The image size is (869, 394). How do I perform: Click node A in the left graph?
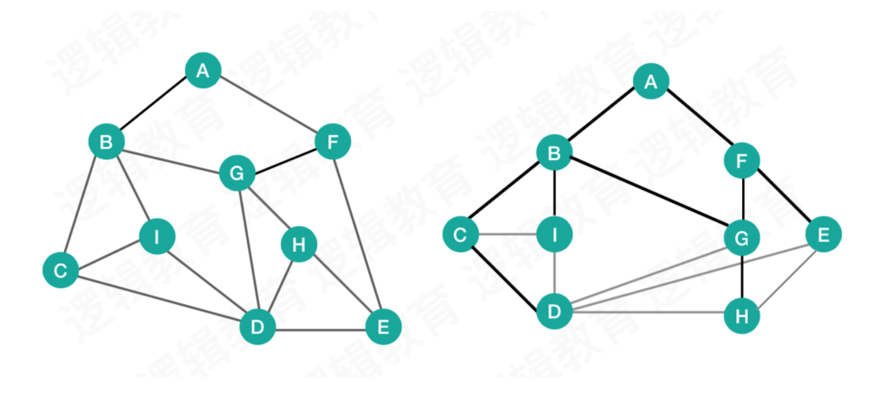coord(203,71)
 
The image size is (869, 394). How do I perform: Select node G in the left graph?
coord(237,173)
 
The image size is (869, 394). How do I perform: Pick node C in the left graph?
coord(60,270)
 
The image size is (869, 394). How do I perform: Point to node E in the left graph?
coord(383,327)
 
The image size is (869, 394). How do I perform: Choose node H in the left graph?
coord(299,245)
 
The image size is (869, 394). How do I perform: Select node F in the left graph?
coord(333,141)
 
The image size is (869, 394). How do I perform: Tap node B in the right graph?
coord(555,154)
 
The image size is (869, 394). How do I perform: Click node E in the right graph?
coord(823,235)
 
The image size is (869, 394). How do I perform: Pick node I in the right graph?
coord(555,235)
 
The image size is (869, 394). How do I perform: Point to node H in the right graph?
coord(742,316)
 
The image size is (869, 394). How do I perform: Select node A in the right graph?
coord(651,82)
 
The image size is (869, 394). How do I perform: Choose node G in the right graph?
coord(742,238)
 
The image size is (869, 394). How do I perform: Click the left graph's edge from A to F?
coord(268,106)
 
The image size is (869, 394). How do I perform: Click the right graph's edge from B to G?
coord(648,195)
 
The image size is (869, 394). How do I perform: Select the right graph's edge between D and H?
coord(648,313)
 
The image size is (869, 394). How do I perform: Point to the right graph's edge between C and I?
coord(508,235)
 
